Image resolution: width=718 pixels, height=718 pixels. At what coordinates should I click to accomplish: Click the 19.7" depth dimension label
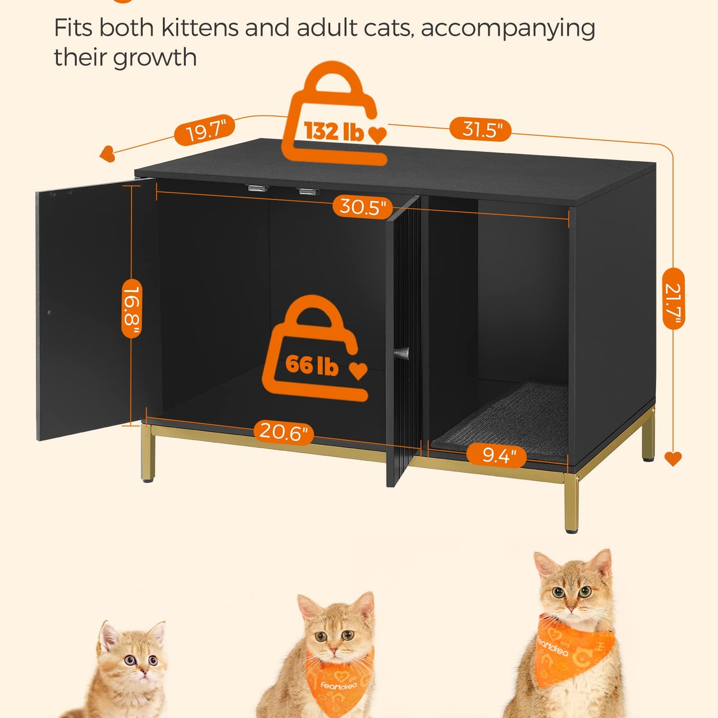tap(204, 130)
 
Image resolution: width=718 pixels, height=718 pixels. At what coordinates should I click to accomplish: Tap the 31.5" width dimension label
tap(481, 129)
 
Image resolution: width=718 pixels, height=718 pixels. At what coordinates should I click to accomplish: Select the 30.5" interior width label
tap(362, 207)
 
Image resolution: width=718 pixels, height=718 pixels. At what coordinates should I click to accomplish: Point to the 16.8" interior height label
tap(132, 309)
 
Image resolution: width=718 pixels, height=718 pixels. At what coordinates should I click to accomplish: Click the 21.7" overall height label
tap(673, 299)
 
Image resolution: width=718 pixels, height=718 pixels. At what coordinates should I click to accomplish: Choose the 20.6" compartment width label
tap(284, 432)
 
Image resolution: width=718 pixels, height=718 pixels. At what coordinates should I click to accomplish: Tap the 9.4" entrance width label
tap(497, 455)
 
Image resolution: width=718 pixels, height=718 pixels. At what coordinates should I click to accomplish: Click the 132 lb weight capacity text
tap(334, 131)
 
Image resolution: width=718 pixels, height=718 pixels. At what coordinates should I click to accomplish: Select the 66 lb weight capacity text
tap(312, 365)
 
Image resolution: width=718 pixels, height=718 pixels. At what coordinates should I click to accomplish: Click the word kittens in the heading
tap(200, 27)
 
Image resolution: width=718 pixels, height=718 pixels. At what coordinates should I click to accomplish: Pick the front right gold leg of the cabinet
tap(571, 503)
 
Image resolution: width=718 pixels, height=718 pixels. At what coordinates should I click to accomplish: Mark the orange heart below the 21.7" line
tap(673, 459)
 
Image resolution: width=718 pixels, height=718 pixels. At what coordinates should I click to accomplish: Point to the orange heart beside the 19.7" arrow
tap(107, 154)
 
